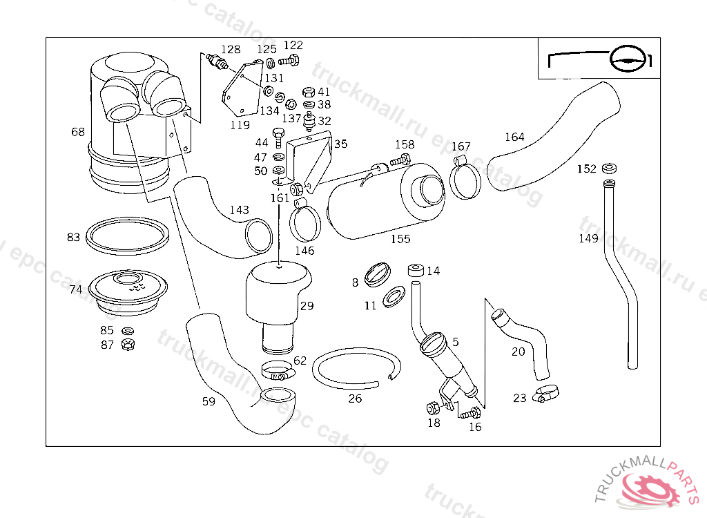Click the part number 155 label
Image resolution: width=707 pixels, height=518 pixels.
pyautogui.click(x=400, y=239)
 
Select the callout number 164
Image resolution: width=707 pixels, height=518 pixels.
pyautogui.click(x=514, y=137)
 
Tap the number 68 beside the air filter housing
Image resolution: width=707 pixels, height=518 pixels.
pyautogui.click(x=78, y=131)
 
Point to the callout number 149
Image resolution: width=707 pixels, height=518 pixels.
pyautogui.click(x=588, y=239)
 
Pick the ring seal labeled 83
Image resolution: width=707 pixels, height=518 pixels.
pyautogui.click(x=128, y=235)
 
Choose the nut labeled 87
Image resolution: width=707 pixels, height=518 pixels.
pyautogui.click(x=126, y=344)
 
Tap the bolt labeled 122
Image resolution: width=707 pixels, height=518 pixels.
pyautogui.click(x=291, y=61)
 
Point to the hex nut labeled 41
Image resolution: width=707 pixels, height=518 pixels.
pyautogui.click(x=309, y=92)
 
